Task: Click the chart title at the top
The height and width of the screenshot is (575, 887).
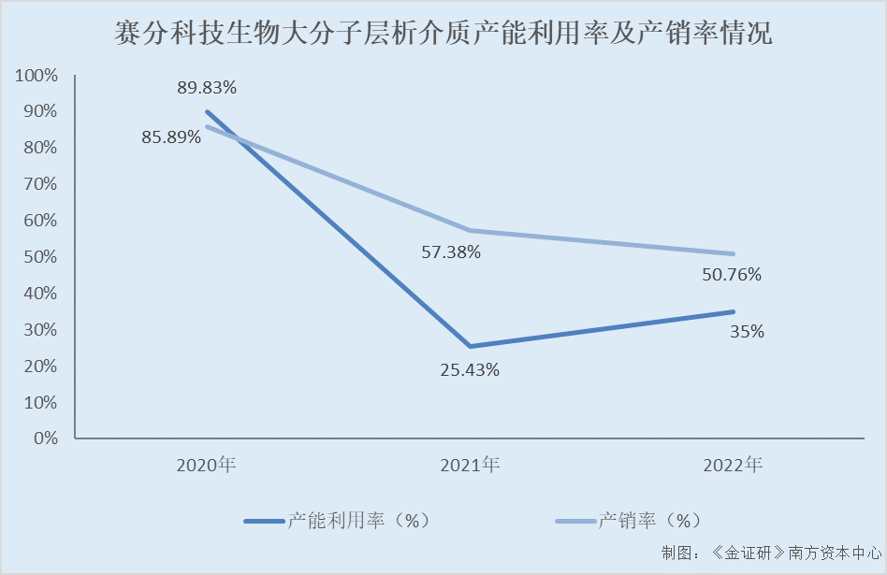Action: pyautogui.click(x=443, y=36)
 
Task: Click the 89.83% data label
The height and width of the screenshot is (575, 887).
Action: pyautogui.click(x=207, y=88)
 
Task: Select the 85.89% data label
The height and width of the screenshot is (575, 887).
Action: pyautogui.click(x=171, y=137)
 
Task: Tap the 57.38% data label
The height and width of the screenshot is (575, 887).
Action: pyautogui.click(x=450, y=252)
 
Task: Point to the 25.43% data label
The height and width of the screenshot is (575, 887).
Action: pyautogui.click(x=470, y=369)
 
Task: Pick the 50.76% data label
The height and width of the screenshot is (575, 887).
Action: pyautogui.click(x=732, y=275)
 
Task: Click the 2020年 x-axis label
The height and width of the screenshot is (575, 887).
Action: pyautogui.click(x=206, y=465)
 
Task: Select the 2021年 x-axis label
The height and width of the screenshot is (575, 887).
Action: pyautogui.click(x=470, y=465)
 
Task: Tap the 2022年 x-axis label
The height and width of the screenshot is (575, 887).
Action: pyautogui.click(x=733, y=465)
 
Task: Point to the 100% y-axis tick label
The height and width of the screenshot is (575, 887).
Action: pyautogui.click(x=37, y=75)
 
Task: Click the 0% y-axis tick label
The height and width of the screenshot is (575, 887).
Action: pyautogui.click(x=46, y=438)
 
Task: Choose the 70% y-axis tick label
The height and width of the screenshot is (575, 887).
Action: pyautogui.click(x=41, y=184)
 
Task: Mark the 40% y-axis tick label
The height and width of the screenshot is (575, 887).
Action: pyautogui.click(x=41, y=293)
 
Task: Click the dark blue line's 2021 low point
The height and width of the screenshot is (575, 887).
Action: pyautogui.click(x=470, y=346)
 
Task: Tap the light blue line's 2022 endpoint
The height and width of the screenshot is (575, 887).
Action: pyautogui.click(x=733, y=253)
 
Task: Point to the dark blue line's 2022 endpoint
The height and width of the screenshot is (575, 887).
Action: pyautogui.click(x=733, y=311)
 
